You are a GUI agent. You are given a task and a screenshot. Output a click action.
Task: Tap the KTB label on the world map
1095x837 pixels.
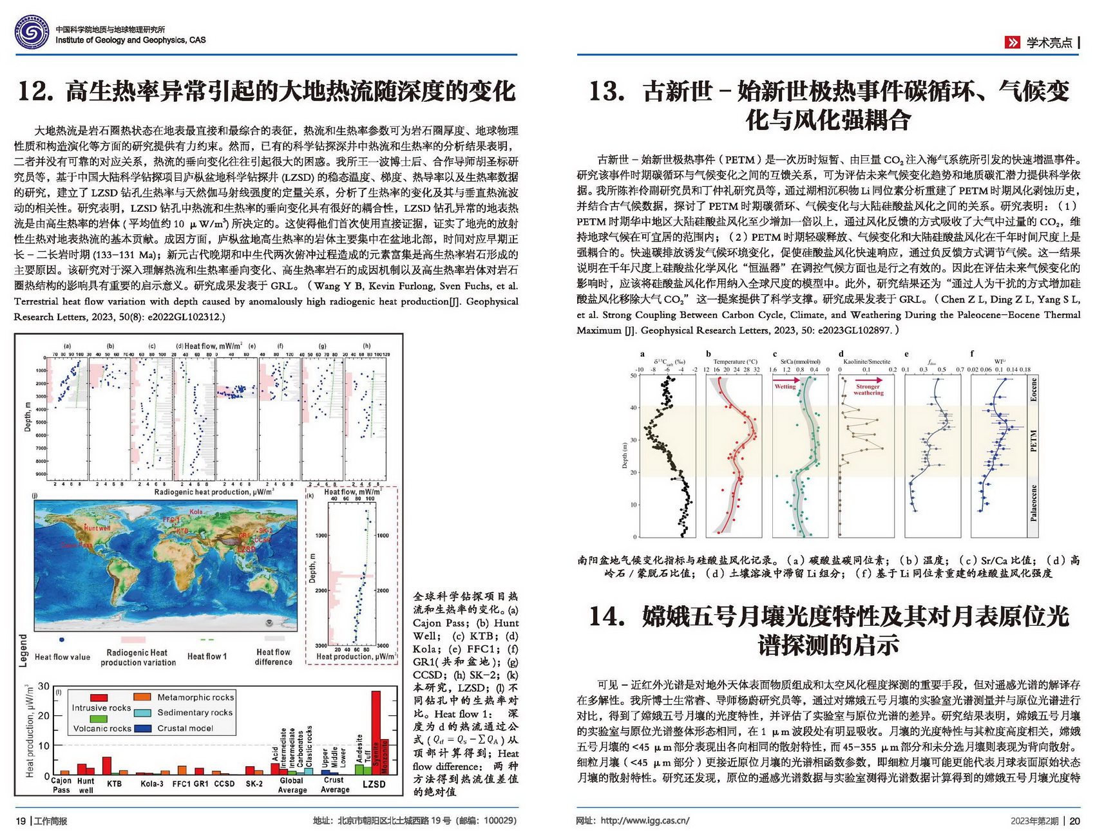(x=183, y=531)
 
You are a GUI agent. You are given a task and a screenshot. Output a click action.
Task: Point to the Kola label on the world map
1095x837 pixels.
(x=196, y=512)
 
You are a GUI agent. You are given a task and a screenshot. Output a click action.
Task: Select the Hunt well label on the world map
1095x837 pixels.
(x=97, y=528)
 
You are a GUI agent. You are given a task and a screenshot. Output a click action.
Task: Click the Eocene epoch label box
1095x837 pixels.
(x=1033, y=390)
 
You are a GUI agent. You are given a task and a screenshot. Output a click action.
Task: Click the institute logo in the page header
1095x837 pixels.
(x=32, y=33)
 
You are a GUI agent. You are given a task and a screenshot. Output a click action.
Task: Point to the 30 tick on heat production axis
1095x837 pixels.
(x=44, y=686)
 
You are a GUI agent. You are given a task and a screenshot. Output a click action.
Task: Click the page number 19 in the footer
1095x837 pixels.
(x=21, y=821)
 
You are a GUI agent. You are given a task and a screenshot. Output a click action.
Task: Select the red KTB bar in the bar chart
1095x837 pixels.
(x=107, y=766)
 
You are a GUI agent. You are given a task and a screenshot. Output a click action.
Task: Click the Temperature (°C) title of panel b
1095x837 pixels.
(x=735, y=362)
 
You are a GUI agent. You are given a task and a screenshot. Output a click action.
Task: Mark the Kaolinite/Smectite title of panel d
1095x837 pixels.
(x=866, y=362)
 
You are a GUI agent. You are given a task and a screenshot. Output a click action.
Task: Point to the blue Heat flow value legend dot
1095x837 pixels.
(x=61, y=640)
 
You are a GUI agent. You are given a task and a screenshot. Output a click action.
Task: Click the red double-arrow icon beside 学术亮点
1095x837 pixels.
(x=1013, y=42)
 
